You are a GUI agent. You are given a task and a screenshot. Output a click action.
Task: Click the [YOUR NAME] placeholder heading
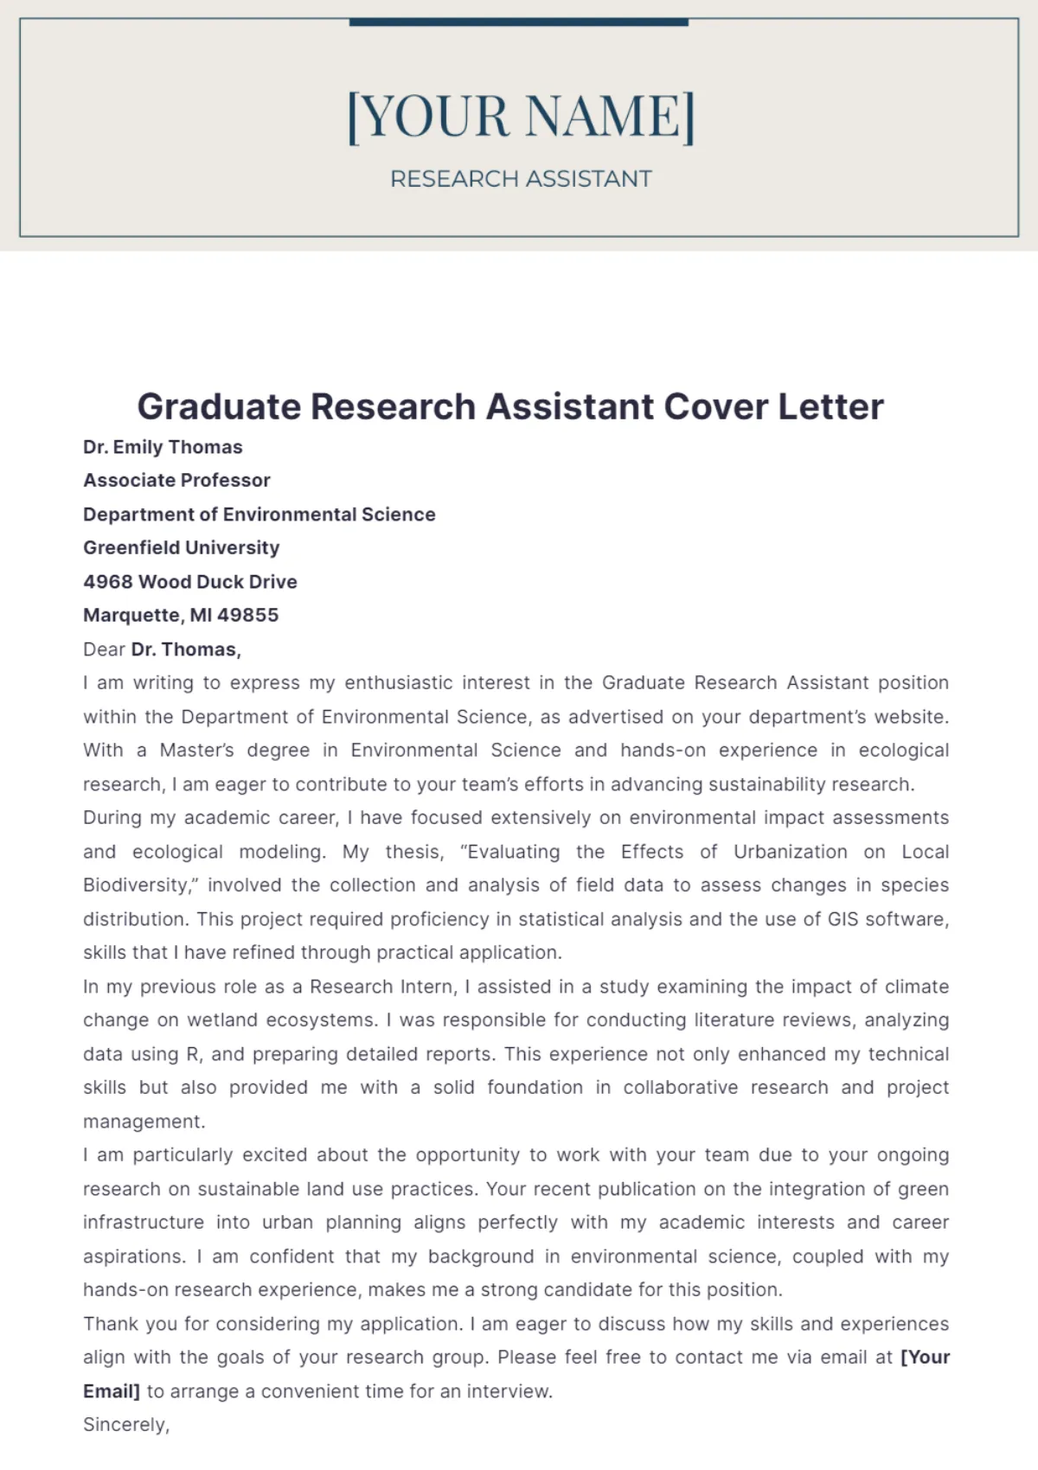[520, 116]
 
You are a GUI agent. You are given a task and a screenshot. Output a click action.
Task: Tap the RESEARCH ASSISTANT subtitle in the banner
[520, 179]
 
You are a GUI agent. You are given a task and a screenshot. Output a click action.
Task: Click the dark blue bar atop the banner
[518, 22]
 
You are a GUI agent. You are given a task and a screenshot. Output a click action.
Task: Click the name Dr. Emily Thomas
[163, 447]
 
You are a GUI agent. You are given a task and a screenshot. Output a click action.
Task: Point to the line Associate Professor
[176, 480]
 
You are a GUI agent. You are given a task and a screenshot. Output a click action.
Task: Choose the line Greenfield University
[181, 547]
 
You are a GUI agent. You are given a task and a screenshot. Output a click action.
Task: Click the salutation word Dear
[104, 649]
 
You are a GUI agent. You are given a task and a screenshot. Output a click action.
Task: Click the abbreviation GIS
[843, 919]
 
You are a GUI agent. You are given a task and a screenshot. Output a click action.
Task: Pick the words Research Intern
[381, 987]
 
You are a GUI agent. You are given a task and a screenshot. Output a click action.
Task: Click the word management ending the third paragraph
[144, 1122]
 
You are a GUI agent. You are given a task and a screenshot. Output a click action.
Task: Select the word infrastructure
[144, 1223]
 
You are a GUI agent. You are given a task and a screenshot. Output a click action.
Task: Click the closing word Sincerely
[125, 1425]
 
